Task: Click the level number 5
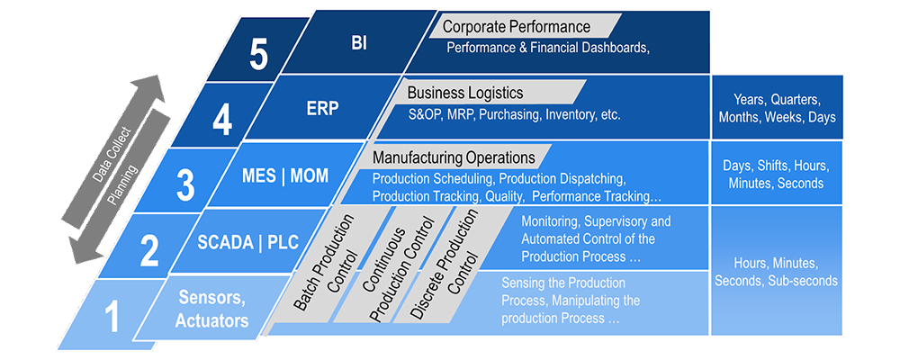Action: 259,55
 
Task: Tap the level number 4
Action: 222,119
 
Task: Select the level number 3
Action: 185,185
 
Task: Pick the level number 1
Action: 112,318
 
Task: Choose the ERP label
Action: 322,108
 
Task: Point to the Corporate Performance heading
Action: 517,26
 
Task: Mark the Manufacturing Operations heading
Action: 454,157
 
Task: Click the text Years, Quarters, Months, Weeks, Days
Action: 777,108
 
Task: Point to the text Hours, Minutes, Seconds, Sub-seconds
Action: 776,272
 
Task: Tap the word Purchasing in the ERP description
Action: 514,115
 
